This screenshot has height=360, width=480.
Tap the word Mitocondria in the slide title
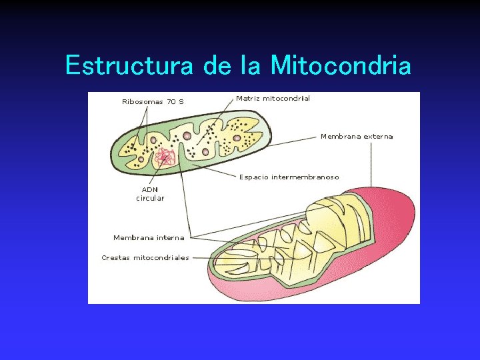coord(341,66)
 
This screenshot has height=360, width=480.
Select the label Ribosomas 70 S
coord(153,102)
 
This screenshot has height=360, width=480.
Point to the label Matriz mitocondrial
coord(273,98)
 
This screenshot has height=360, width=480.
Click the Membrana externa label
coord(357,136)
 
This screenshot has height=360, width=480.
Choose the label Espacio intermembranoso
coord(289,177)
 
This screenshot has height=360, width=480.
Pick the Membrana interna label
coord(149,237)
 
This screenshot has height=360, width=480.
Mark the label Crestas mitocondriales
coord(145,257)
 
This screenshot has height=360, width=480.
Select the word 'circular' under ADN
coord(150,198)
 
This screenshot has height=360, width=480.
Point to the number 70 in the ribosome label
coord(171,102)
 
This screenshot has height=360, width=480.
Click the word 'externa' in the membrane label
coord(378,136)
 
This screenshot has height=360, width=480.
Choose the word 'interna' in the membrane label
coord(169,237)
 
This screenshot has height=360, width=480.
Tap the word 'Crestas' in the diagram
coord(116,257)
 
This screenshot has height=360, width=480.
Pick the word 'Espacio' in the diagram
coord(254,177)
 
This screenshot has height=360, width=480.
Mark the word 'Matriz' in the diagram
coord(248,98)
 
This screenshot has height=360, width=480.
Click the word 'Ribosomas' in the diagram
coord(142,102)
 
